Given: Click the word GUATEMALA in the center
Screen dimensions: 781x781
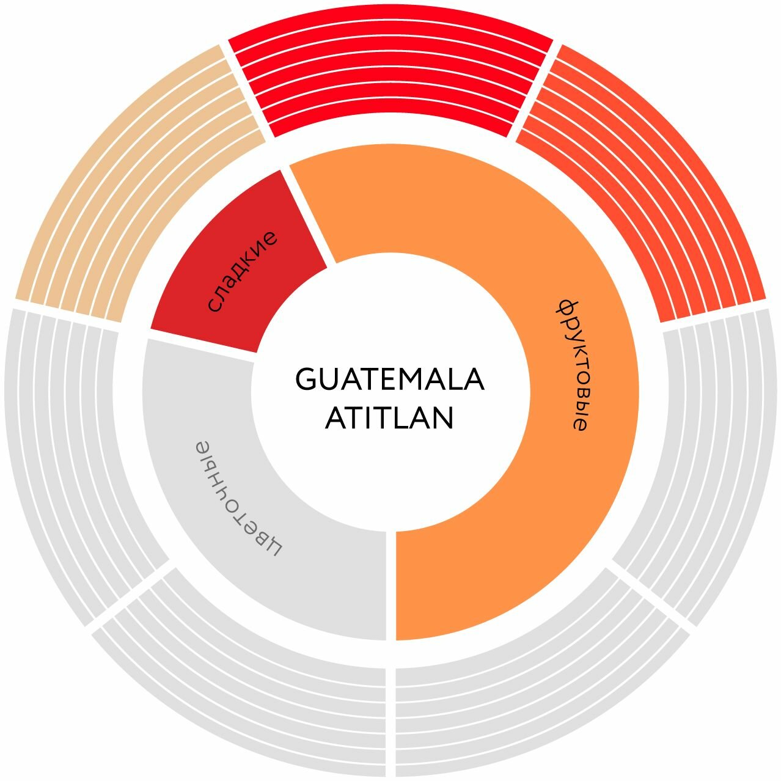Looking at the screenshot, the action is click(390, 380).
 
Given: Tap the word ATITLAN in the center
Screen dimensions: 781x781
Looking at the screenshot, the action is click(389, 419).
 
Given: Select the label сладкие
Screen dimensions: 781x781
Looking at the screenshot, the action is click(241, 271).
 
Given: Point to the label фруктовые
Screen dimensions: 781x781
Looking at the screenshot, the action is click(572, 365).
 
